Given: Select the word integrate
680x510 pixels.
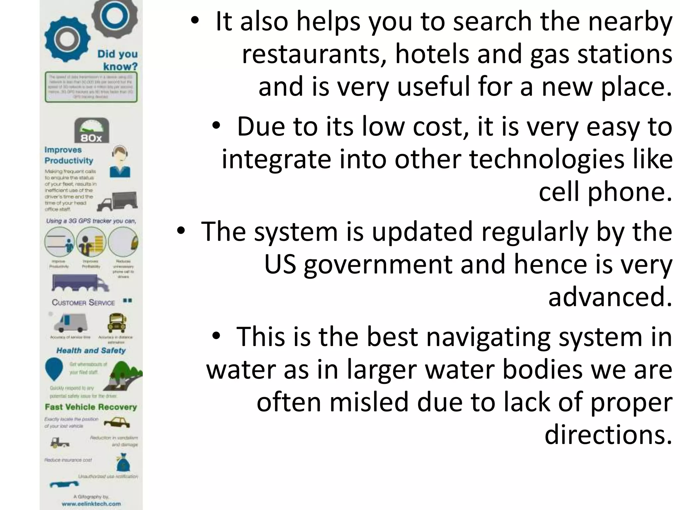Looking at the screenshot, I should [x=276, y=159].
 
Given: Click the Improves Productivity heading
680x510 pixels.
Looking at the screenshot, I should [x=69, y=155].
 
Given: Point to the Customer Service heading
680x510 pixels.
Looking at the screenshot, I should [x=83, y=302].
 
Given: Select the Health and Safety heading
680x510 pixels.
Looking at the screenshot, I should [x=91, y=351].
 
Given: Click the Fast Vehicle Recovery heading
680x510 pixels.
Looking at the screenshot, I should [x=91, y=407].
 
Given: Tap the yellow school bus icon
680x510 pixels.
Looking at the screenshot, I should [x=117, y=323].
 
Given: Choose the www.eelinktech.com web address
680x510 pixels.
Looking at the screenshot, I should [x=91, y=504].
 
